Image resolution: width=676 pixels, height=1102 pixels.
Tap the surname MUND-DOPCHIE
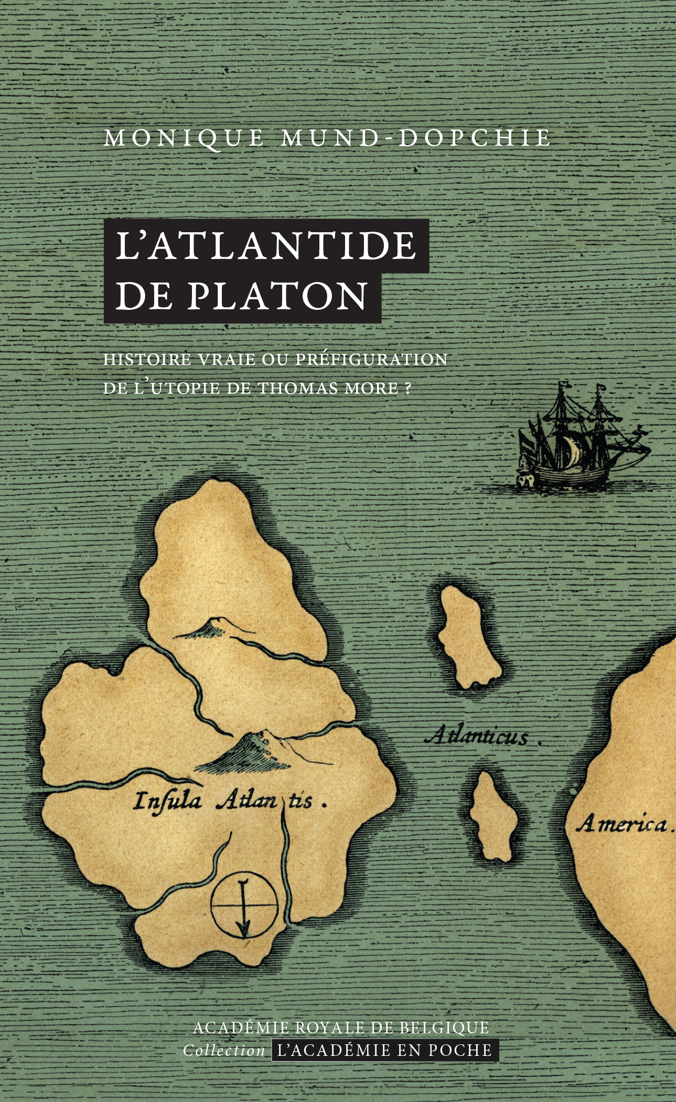(416, 138)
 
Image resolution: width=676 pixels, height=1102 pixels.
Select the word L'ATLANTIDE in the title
(266, 245)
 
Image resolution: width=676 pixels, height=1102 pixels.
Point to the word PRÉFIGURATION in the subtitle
(371, 359)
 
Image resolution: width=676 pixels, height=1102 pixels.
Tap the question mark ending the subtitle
(408, 388)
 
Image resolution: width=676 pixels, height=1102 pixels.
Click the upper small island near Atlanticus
(468, 636)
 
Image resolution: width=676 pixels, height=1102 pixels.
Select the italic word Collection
(224, 1051)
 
